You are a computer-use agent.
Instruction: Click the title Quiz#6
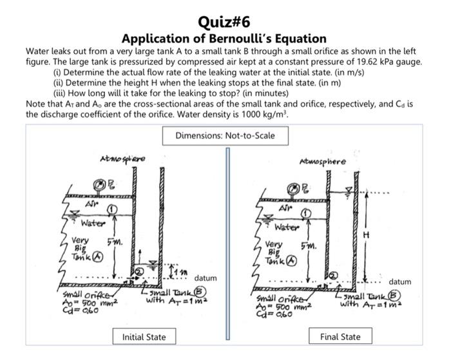pyautogui.click(x=225, y=21)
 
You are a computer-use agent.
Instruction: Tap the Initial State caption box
pyautogui.click(x=144, y=336)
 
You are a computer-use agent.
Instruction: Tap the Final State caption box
pyautogui.click(x=341, y=336)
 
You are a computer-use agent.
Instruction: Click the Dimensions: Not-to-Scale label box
pyautogui.click(x=225, y=136)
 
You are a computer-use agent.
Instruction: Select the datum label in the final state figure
pyautogui.click(x=401, y=281)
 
